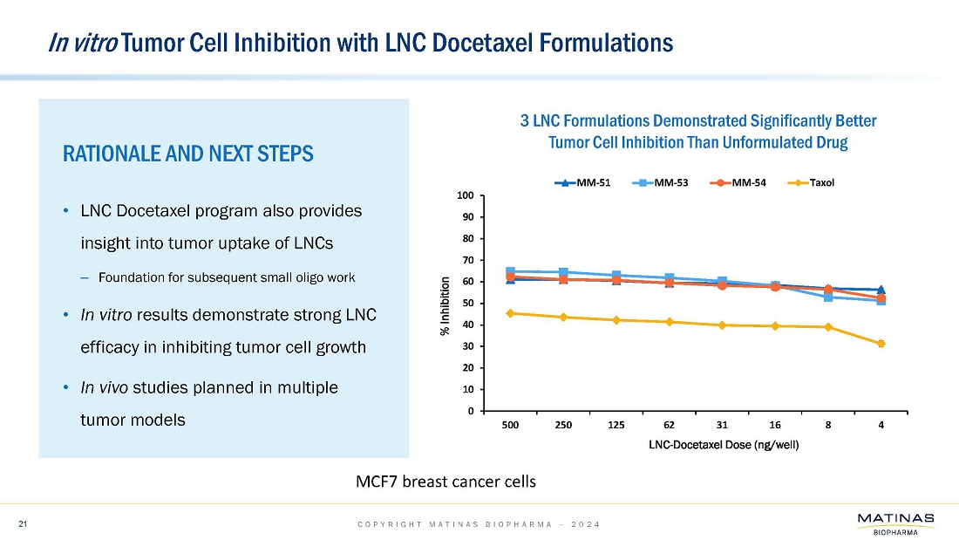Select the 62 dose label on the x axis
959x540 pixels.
coord(670,426)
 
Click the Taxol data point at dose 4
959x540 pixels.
coord(881,344)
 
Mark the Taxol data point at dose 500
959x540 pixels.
coord(511,313)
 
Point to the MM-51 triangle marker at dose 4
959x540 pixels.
coord(881,290)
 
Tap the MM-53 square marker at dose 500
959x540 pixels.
coord(511,272)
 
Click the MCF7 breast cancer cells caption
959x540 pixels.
coord(445,482)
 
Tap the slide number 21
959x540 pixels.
coord(24,523)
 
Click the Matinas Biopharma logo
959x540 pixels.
coord(895,523)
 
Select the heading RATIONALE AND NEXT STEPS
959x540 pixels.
coord(188,154)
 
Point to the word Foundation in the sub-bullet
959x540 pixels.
coord(129,278)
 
